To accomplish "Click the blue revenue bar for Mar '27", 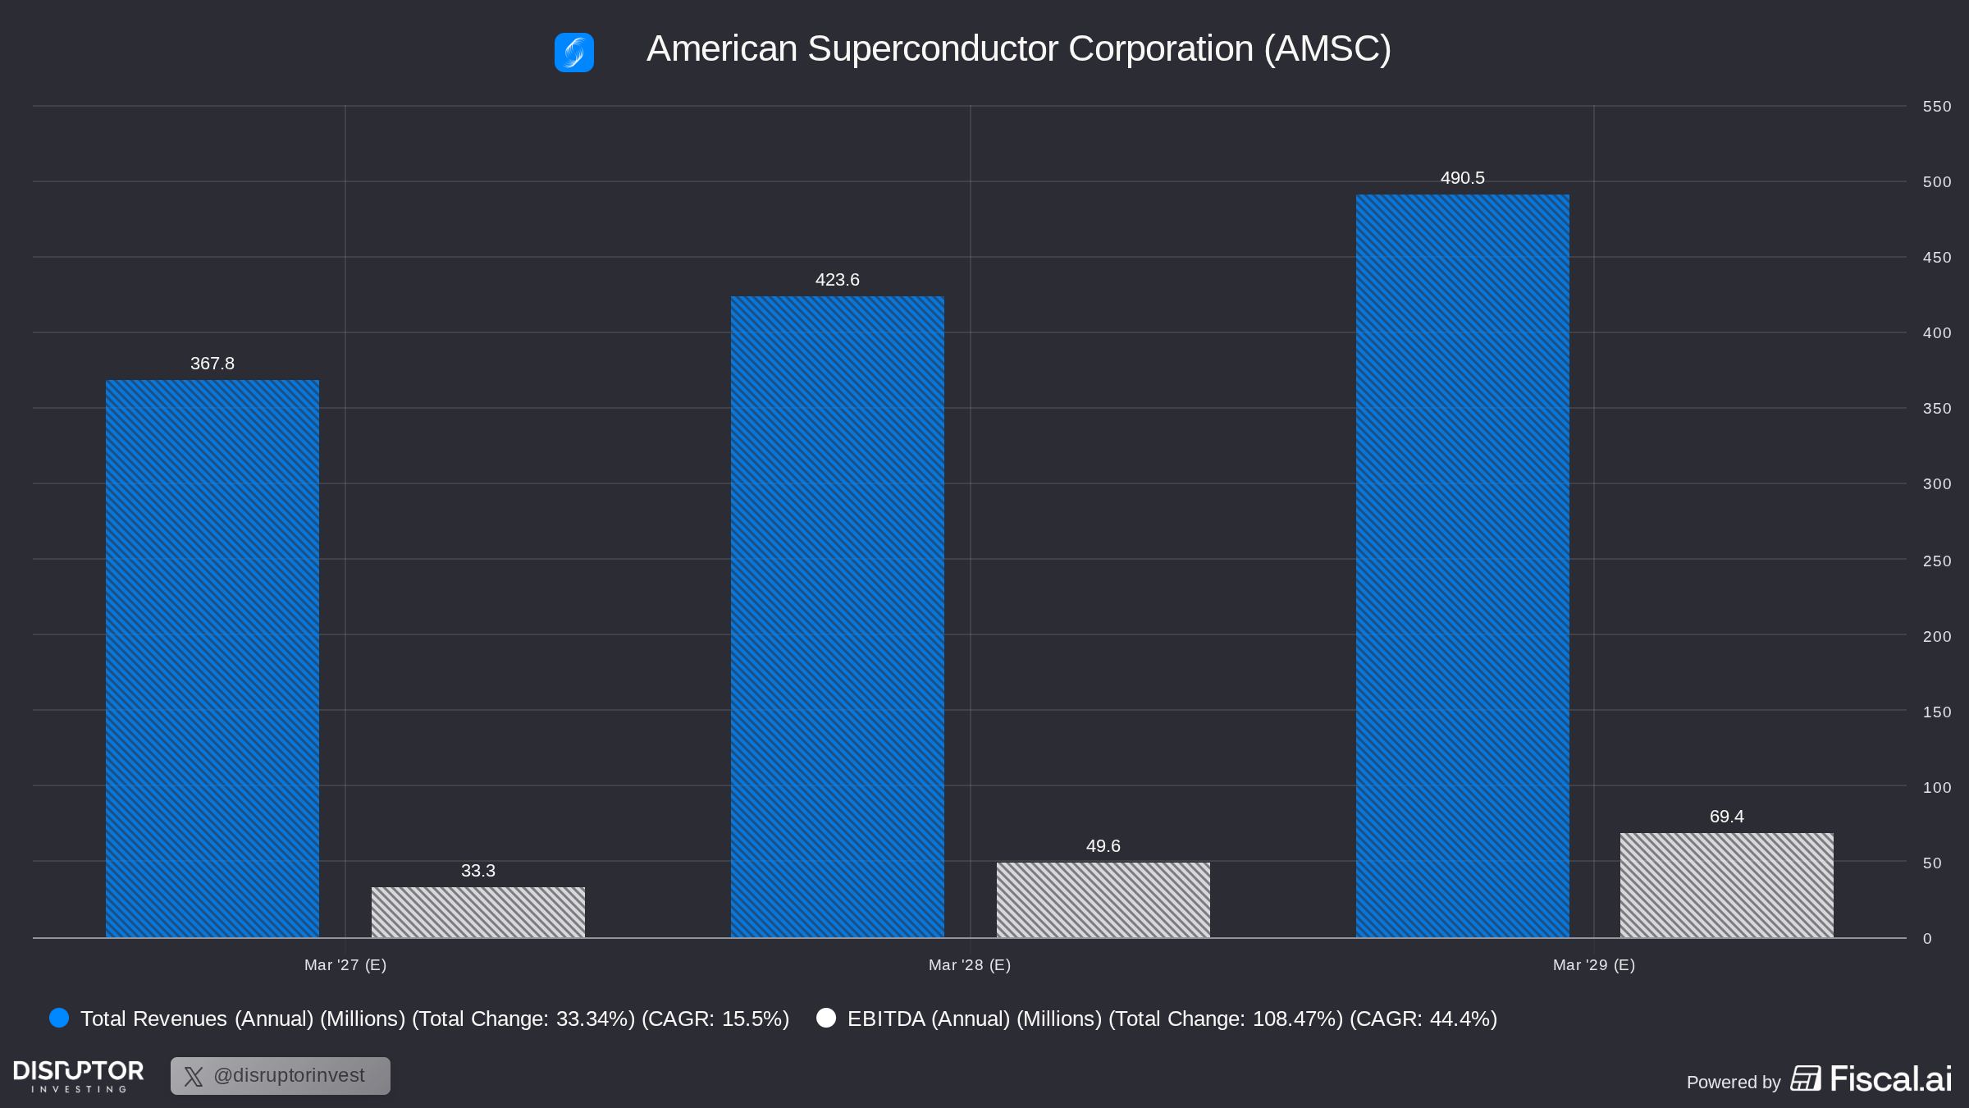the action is pos(212,658).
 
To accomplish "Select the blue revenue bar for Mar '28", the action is pos(838,616).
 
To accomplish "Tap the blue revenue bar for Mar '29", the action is pos(1463,565).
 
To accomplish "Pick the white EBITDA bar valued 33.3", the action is pos(478,912).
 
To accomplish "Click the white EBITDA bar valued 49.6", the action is pos(1103,900).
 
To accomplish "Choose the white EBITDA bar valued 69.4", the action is pos(1727,885).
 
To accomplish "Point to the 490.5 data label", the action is pos(1463,178).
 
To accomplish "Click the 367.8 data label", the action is pos(212,364).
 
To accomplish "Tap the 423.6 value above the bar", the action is pos(838,280).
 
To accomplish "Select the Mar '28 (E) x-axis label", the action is pos(970,965).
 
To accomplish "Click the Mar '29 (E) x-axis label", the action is pos(1594,965).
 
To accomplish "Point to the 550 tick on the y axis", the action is pos(1937,107).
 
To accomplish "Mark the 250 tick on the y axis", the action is pos(1937,561).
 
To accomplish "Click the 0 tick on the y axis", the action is pos(1927,939).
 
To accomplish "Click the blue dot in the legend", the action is pos(59,1018).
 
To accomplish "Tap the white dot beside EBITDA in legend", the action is pos(826,1018).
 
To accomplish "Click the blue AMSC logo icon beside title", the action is pos(574,53).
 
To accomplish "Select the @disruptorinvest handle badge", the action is pos(281,1076).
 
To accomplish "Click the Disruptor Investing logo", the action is pos(79,1076).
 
